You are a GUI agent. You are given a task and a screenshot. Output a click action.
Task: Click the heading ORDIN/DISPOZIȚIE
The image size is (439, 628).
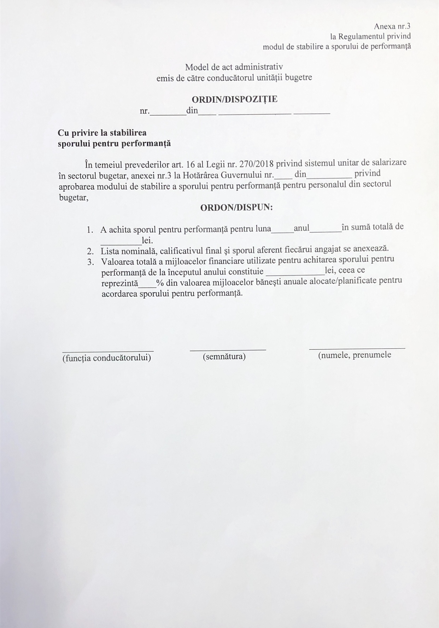(x=234, y=99)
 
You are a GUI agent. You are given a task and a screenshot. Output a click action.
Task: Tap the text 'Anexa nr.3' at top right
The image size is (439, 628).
(x=392, y=26)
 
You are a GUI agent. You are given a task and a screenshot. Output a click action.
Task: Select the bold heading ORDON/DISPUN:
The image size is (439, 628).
(x=236, y=207)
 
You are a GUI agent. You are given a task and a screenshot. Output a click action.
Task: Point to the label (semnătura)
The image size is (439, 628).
(x=224, y=356)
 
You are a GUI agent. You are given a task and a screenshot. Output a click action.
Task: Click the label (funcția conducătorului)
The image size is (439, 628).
(x=106, y=358)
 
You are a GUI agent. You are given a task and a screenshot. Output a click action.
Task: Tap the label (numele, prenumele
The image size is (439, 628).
(x=355, y=355)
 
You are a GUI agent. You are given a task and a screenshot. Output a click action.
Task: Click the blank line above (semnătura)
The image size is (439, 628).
(x=228, y=350)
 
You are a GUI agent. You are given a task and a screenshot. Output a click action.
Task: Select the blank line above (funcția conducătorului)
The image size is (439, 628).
(x=108, y=351)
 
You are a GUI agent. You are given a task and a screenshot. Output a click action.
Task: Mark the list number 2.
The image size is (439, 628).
(x=90, y=251)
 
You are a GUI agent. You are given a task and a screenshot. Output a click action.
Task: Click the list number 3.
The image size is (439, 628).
(x=90, y=262)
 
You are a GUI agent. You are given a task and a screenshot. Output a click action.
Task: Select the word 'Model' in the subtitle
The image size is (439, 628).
(x=196, y=67)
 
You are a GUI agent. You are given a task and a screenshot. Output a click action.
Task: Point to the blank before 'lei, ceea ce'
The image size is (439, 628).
(x=294, y=274)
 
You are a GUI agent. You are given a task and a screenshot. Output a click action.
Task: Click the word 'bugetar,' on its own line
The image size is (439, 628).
(x=74, y=198)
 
